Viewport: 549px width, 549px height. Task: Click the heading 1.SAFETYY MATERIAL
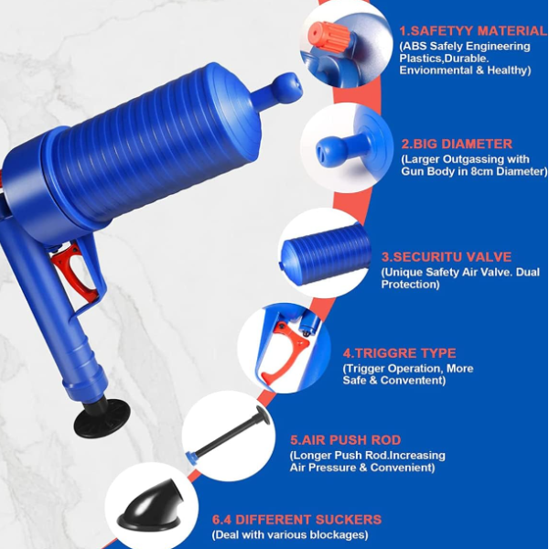coord(473,31)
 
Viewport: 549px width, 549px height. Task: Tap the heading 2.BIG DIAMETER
coord(457,144)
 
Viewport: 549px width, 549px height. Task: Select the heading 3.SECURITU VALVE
coord(447,256)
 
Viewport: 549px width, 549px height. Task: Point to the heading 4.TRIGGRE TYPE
coord(399,353)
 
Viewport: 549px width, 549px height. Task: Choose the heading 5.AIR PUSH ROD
coord(346,440)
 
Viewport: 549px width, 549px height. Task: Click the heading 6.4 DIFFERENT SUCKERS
coord(296,519)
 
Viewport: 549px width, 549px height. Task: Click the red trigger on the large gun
coord(75,270)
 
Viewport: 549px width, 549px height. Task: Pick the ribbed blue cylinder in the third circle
coord(325,253)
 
